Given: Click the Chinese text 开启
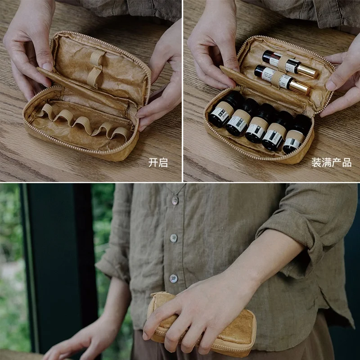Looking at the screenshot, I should point(158,163).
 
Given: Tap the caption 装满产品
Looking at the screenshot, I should point(331,163).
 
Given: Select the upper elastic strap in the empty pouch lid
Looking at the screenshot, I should point(97,57).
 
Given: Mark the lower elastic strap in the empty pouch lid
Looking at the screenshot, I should point(94,76).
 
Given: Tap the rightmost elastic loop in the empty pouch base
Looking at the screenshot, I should point(120,132).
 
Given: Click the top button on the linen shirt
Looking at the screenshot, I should point(175,200).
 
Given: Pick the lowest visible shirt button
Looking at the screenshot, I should point(173,278).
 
